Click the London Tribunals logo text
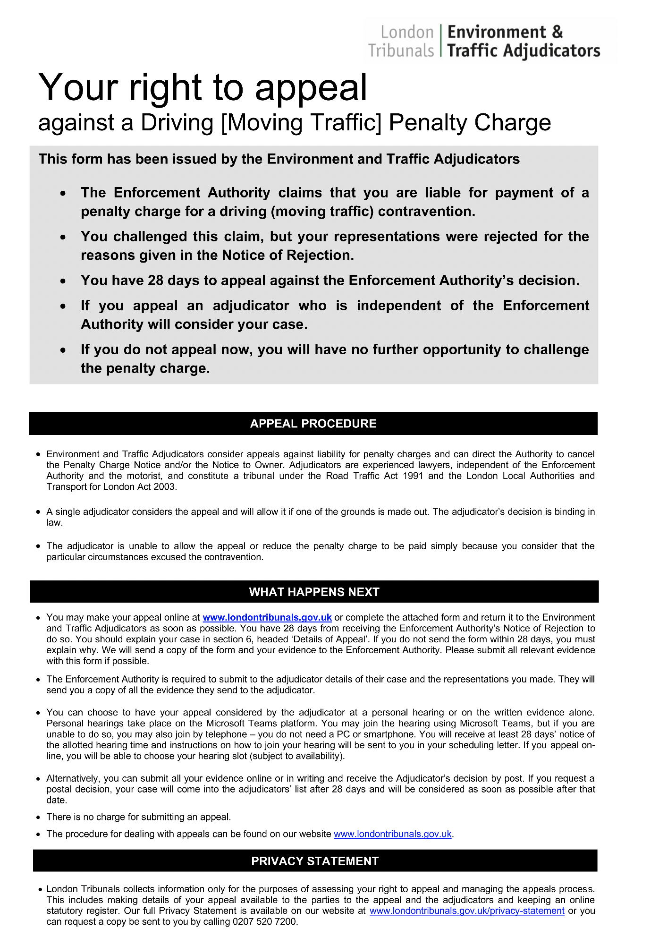[401, 42]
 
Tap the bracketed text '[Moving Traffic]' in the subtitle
[301, 123]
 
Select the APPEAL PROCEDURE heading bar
[313, 424]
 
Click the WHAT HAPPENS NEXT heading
[314, 592]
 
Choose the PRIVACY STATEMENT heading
[315, 861]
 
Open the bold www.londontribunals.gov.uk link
[267, 617]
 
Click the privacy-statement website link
[467, 911]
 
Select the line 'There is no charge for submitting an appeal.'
[138, 817]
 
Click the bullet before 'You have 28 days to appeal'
[63, 281]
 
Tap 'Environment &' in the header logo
[505, 32]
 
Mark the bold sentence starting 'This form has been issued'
[279, 159]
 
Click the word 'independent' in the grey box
[398, 306]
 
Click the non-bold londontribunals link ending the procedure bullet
[392, 834]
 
